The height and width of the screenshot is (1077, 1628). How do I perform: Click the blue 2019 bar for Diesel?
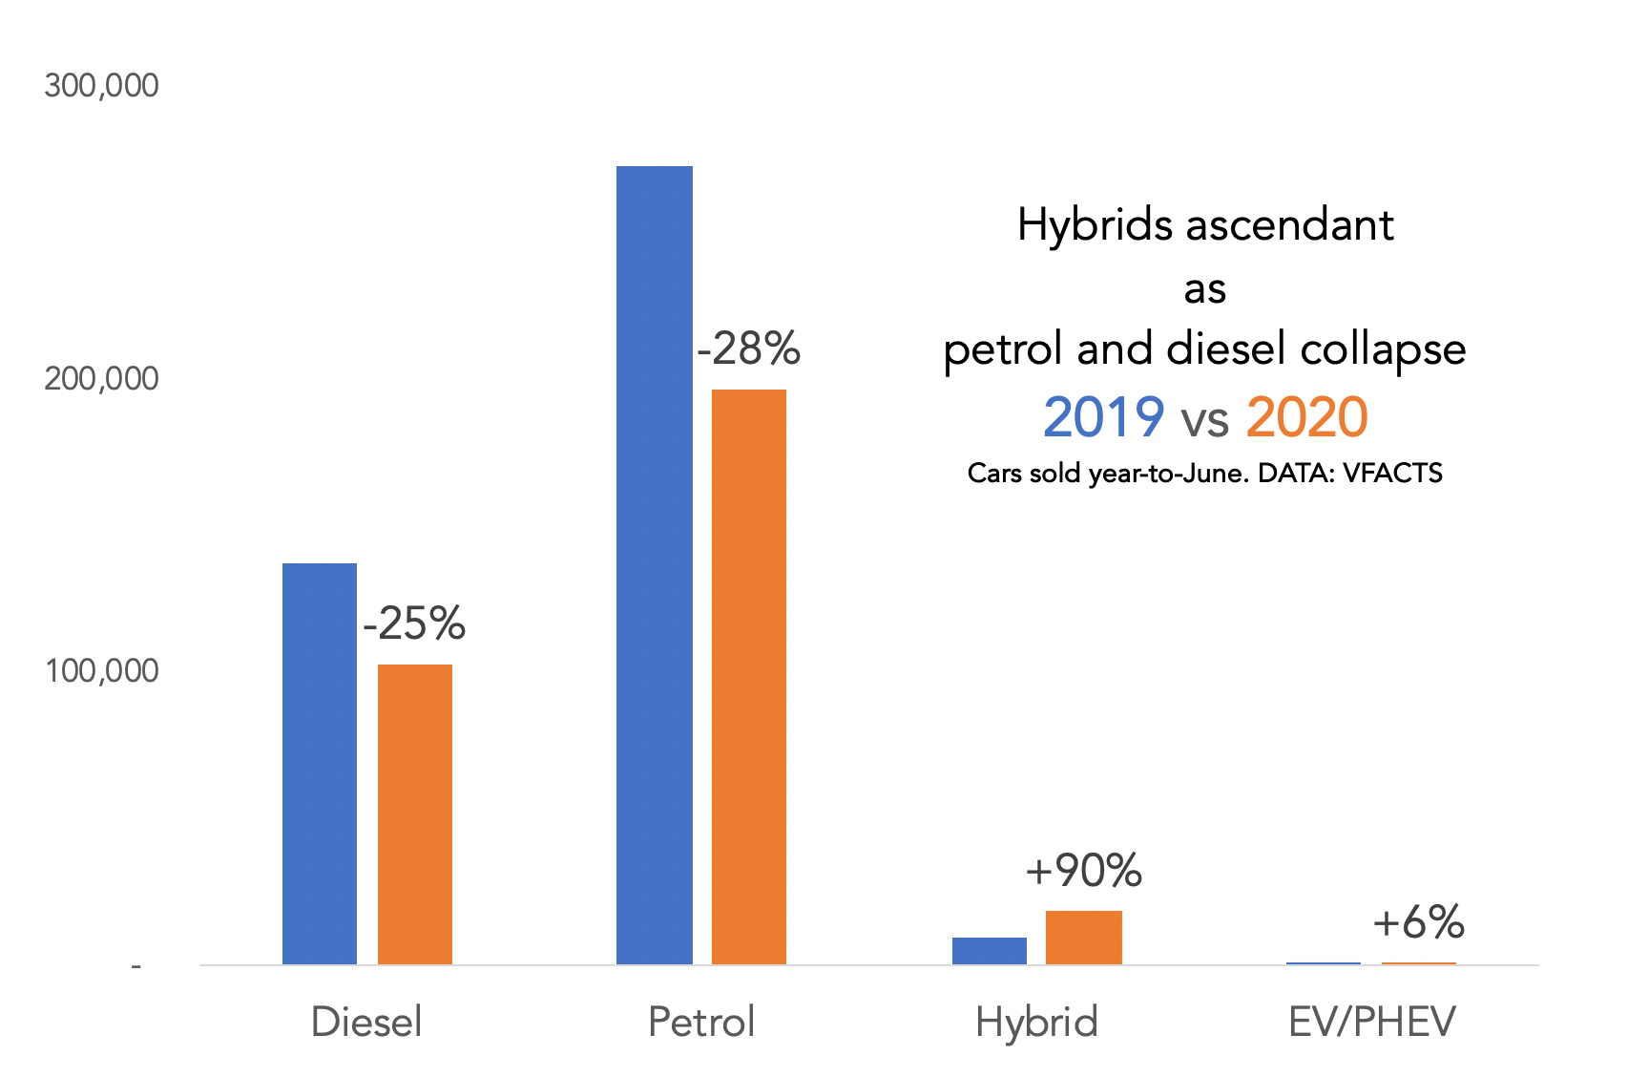tap(320, 764)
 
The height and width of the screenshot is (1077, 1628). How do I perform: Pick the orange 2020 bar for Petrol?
tap(749, 677)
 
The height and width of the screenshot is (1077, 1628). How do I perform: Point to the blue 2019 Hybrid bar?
tap(990, 951)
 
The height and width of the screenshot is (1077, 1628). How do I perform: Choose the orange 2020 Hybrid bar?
tap(1084, 938)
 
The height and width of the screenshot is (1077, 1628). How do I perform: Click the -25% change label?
tap(414, 624)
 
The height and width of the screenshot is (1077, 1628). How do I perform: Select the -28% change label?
tap(749, 349)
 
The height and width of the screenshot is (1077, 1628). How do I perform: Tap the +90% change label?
tap(1084, 871)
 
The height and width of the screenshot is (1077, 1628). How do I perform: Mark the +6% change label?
tap(1419, 922)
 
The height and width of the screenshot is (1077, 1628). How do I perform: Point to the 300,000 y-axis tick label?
tap(101, 86)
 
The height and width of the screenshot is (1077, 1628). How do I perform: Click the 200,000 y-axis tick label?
tap(101, 379)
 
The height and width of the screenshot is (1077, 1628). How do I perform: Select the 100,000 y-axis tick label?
tap(101, 671)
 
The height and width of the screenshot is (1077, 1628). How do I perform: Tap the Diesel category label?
tap(366, 1023)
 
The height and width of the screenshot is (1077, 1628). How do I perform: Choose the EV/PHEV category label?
tap(1372, 1023)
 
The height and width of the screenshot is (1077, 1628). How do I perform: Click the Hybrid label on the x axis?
tap(1036, 1023)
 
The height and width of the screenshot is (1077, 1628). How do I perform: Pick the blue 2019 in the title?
tap(1103, 418)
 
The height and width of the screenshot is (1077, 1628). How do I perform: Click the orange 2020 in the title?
tap(1306, 418)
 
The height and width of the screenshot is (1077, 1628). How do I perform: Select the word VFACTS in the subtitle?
tap(1392, 474)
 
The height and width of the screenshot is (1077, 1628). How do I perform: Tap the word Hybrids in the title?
tap(1095, 226)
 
